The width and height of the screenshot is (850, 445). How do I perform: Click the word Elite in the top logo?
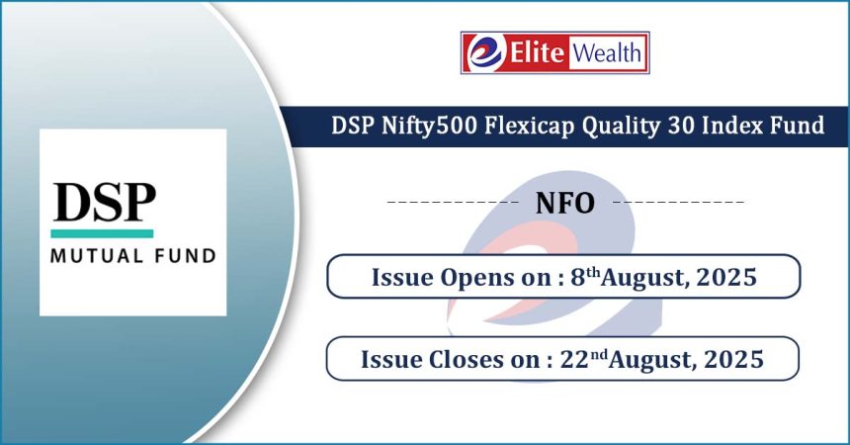coord(537,52)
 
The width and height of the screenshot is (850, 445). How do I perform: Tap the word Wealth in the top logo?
coord(607,52)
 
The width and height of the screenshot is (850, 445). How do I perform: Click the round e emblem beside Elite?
coord(485,52)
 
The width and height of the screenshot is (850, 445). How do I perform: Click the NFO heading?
coord(565,203)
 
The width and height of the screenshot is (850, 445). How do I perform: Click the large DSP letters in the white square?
coord(104,202)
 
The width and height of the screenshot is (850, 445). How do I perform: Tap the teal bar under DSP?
coord(102,233)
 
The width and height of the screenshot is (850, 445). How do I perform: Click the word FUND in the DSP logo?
coord(186,255)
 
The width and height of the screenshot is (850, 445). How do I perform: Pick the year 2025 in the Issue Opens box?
coord(726,277)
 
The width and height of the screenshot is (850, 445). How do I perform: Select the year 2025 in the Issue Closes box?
coord(733,359)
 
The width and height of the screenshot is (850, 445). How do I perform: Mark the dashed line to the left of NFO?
coord(453,203)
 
